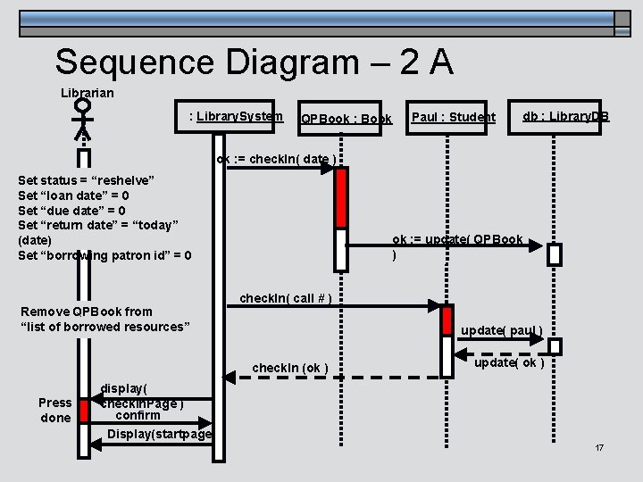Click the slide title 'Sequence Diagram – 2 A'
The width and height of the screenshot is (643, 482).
coord(254,62)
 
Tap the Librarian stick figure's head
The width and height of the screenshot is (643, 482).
coord(83,106)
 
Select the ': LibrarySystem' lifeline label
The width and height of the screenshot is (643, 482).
coord(236,116)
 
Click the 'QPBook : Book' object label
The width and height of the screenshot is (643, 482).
coord(347,119)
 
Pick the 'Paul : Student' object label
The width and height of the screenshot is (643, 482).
coord(454,117)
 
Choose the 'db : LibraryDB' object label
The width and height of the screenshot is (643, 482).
coord(565,117)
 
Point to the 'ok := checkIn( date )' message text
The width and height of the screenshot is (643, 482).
coord(278,160)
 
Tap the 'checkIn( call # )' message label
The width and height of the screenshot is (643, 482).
coord(286,297)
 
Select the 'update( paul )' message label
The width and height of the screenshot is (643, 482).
coord(501,330)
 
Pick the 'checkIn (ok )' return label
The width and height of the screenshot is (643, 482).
coord(290,368)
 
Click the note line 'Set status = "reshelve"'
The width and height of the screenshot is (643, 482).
coord(87,179)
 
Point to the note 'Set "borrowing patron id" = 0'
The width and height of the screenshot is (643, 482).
coord(104,256)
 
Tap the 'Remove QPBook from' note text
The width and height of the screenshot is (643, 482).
coord(86,312)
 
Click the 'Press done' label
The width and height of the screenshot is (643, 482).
coord(55,410)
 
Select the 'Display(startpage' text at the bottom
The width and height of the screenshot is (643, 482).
coord(159,434)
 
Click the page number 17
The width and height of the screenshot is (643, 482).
coord(599,446)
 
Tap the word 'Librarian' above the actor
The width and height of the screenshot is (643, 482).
coord(87,92)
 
